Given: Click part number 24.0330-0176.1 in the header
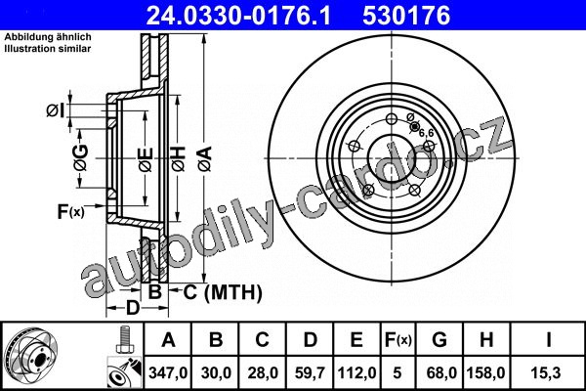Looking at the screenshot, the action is (x=238, y=16).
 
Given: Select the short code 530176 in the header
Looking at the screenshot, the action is (x=406, y=16).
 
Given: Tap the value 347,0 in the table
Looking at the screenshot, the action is (x=168, y=373).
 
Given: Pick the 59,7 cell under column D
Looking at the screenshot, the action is (x=310, y=373).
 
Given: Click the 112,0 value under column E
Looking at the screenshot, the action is (x=356, y=373).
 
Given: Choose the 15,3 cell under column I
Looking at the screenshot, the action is (x=548, y=373).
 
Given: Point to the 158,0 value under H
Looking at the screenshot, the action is (x=485, y=373).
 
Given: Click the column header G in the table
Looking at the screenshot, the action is (x=439, y=339).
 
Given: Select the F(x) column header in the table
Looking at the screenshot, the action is (x=398, y=340).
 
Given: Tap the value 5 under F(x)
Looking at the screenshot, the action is (x=397, y=373).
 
